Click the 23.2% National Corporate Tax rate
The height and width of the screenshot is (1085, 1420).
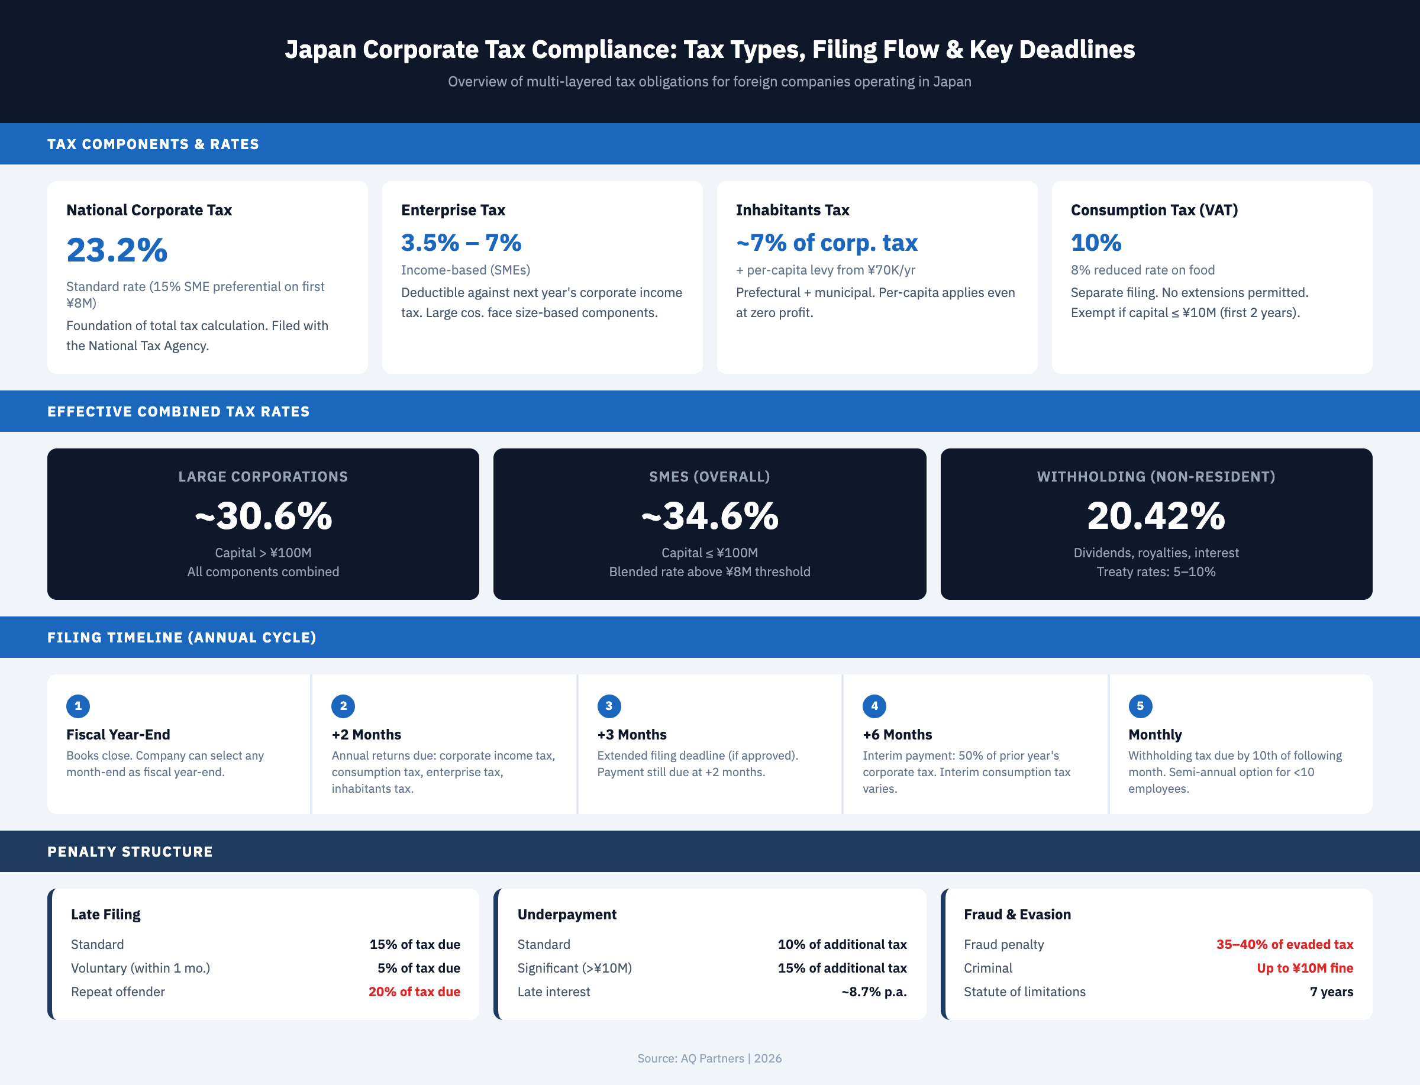click(117, 251)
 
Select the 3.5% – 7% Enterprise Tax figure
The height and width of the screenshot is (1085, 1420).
click(460, 243)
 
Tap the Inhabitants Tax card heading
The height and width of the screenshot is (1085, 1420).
click(792, 210)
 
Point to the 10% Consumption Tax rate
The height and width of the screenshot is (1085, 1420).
click(1096, 243)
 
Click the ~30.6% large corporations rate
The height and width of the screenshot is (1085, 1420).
click(263, 516)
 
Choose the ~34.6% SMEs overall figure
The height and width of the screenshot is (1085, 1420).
click(709, 516)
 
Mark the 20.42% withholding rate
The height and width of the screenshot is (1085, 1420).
click(1156, 516)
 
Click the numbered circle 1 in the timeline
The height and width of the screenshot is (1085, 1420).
click(78, 706)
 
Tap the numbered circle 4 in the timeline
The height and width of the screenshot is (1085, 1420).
click(874, 706)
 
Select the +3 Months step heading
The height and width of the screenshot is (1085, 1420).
click(631, 734)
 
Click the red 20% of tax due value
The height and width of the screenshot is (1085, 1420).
click(414, 992)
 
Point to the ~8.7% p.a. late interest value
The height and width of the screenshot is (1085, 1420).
click(874, 992)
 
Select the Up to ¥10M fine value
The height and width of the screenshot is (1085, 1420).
click(1305, 967)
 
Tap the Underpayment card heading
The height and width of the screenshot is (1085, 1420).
click(566, 914)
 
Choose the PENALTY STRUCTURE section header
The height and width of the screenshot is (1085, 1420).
click(130, 851)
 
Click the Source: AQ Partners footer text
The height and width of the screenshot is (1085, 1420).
click(709, 1058)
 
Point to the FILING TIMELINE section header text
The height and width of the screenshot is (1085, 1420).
click(182, 637)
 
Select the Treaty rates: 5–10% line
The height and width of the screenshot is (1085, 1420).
click(1156, 571)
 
